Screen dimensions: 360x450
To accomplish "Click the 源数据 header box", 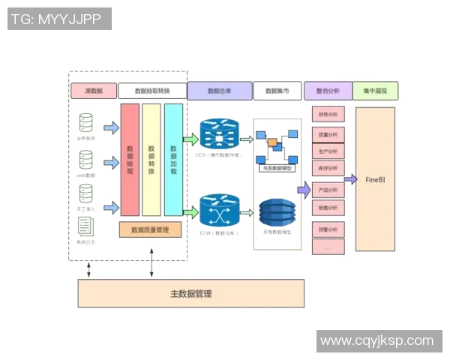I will tap(93, 91).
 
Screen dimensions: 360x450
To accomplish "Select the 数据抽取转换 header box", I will tap(152, 91).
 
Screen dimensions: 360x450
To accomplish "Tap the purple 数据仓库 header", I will tap(219, 91).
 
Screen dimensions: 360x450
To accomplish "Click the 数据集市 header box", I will tap(277, 91).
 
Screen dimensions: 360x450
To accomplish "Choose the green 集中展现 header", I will tap(374, 91).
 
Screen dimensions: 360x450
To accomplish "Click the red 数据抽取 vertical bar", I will tap(130, 160).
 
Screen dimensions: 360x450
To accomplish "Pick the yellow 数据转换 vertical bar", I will tap(151, 160).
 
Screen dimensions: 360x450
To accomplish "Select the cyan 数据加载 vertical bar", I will tap(173, 160).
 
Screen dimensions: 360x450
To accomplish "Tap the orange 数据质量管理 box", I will tap(150, 229).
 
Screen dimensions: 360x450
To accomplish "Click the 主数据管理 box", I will tap(191, 293).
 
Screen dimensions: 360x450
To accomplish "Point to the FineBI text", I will tap(375, 180).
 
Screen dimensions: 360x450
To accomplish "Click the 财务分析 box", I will tap(328, 115).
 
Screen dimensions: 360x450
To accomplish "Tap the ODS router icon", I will tap(220, 135).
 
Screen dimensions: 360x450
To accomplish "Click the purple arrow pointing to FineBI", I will tap(349, 179).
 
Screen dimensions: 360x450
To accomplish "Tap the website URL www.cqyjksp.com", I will tap(377, 341).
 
